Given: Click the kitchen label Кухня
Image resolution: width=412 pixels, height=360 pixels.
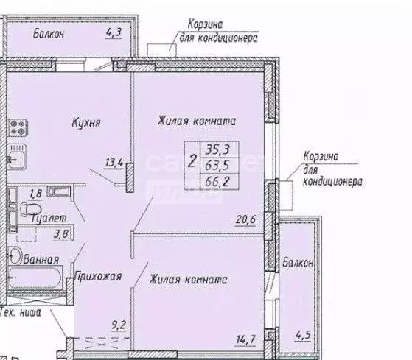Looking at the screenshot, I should click(85, 123).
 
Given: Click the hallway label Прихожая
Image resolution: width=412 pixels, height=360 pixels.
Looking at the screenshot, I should click(97, 277).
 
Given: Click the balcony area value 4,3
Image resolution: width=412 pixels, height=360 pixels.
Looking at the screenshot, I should click(114, 33).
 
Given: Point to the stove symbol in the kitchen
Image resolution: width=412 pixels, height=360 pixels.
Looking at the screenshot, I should click(15, 126).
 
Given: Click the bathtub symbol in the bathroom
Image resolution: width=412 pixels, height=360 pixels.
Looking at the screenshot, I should click(37, 278).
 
